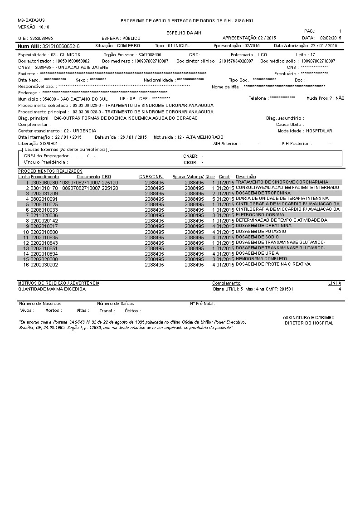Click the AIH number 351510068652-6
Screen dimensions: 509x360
tap(61, 46)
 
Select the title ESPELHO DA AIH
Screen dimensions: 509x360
tap(184, 33)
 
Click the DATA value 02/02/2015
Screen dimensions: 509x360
tap(331, 38)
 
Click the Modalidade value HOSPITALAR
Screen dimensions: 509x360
tap(319, 131)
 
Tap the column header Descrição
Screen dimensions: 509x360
tap(246, 176)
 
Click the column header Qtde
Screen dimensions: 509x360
tap(210, 176)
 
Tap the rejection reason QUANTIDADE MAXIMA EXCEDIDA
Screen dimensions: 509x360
tap(52, 289)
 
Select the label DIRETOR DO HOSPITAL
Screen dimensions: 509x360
tap(309, 323)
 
